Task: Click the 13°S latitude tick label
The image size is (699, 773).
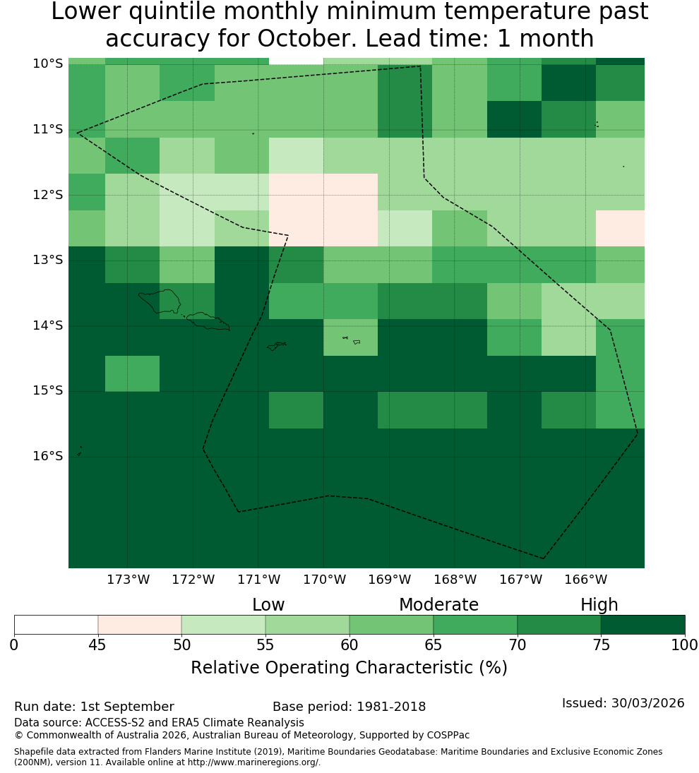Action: coord(48,260)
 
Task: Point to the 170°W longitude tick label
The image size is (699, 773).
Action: coord(324,580)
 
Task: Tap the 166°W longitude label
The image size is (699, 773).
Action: coord(585,580)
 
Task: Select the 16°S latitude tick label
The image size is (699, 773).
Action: coord(48,456)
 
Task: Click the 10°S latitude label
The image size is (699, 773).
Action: coord(48,64)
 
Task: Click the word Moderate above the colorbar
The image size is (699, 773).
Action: coord(438,604)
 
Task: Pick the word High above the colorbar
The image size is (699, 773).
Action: coord(599,605)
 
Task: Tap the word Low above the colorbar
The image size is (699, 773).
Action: coord(268,604)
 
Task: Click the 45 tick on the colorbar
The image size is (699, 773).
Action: coord(97,645)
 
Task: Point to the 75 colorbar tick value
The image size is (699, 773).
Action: coord(602,645)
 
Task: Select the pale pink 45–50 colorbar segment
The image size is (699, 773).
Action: coord(140,625)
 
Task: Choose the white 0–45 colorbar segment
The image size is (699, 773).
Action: coord(56,625)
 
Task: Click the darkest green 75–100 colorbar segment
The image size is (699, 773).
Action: coord(643,625)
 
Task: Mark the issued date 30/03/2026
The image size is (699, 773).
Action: coord(647,703)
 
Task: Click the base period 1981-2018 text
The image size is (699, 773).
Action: coord(391,707)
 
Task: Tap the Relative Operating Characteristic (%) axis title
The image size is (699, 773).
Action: coord(349,668)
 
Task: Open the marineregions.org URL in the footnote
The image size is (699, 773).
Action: coord(253,762)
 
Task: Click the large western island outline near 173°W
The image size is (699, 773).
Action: coord(160,301)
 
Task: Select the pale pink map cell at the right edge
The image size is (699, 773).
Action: coord(620,228)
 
